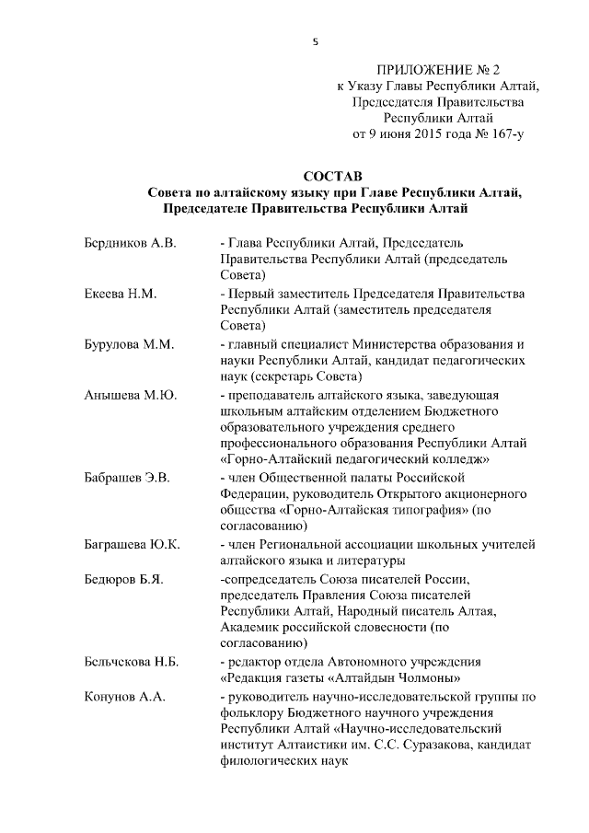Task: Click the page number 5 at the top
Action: [316, 41]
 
